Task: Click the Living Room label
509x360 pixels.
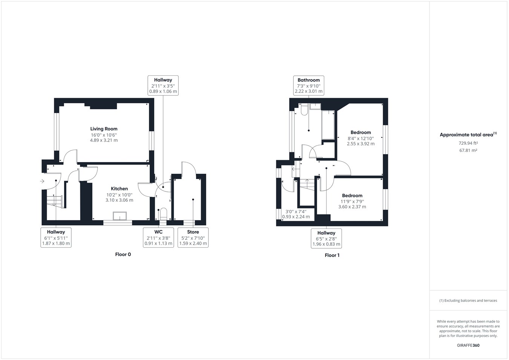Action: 104,129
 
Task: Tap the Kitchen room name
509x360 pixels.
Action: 119,188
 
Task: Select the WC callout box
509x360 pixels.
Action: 158,237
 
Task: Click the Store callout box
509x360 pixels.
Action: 193,237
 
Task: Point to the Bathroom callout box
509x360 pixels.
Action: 308,86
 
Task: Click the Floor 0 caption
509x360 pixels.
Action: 123,254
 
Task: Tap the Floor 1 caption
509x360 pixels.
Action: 332,255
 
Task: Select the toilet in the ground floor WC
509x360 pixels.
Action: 163,214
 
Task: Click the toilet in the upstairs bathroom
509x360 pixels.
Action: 304,110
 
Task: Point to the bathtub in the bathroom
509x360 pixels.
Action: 328,125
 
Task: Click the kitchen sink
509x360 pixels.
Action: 121,216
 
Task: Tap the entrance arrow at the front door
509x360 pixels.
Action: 42,181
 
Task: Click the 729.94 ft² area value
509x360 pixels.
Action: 468,143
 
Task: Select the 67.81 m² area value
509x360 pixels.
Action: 468,150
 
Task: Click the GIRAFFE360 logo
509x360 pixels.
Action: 468,345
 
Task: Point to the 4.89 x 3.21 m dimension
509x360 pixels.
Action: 104,140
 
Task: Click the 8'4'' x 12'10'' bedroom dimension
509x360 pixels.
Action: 360,138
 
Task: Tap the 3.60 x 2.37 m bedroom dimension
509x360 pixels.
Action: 352,207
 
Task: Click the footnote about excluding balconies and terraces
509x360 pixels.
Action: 468,300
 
